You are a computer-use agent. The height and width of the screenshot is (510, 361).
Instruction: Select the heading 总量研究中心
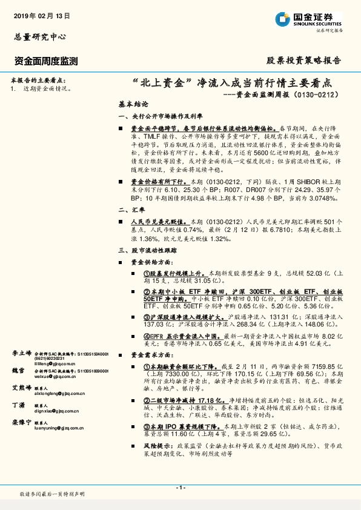[x=39, y=37]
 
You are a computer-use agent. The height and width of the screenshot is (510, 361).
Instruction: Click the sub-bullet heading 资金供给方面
[x=152, y=262]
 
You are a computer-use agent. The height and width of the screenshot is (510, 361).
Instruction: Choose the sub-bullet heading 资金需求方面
[x=152, y=356]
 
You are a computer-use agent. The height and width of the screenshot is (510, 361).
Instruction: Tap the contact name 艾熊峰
[x=22, y=387]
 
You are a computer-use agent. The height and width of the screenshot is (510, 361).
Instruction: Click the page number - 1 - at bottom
[x=180, y=488]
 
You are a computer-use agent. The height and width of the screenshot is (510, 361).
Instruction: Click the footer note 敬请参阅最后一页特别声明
[x=52, y=494]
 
